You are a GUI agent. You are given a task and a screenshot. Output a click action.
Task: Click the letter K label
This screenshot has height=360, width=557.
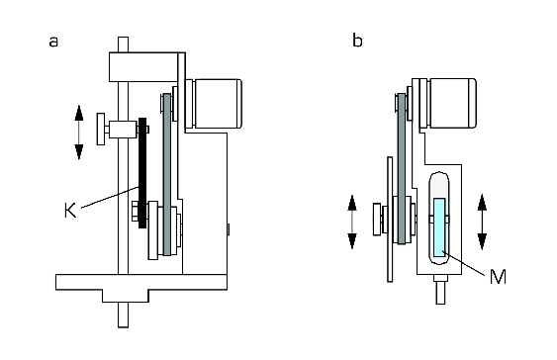tap(70, 210)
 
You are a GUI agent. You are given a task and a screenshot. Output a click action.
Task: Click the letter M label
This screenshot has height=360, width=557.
tap(498, 277)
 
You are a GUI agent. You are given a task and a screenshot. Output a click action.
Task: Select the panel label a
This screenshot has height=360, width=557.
tap(53, 42)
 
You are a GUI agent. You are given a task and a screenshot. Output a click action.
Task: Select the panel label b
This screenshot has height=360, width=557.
tap(357, 41)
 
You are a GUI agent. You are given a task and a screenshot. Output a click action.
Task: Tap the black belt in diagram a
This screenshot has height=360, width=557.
tap(142, 172)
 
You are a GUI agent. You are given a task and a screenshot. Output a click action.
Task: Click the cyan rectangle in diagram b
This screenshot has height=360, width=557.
tap(439, 225)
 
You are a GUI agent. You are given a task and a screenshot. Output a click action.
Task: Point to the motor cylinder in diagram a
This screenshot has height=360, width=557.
tap(218, 104)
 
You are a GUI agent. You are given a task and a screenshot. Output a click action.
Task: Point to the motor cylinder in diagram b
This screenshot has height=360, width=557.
tap(452, 103)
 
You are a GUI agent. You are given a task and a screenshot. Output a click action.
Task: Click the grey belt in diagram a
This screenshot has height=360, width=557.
tap(166, 174)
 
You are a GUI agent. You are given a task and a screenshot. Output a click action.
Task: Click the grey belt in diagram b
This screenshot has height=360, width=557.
tap(402, 169)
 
